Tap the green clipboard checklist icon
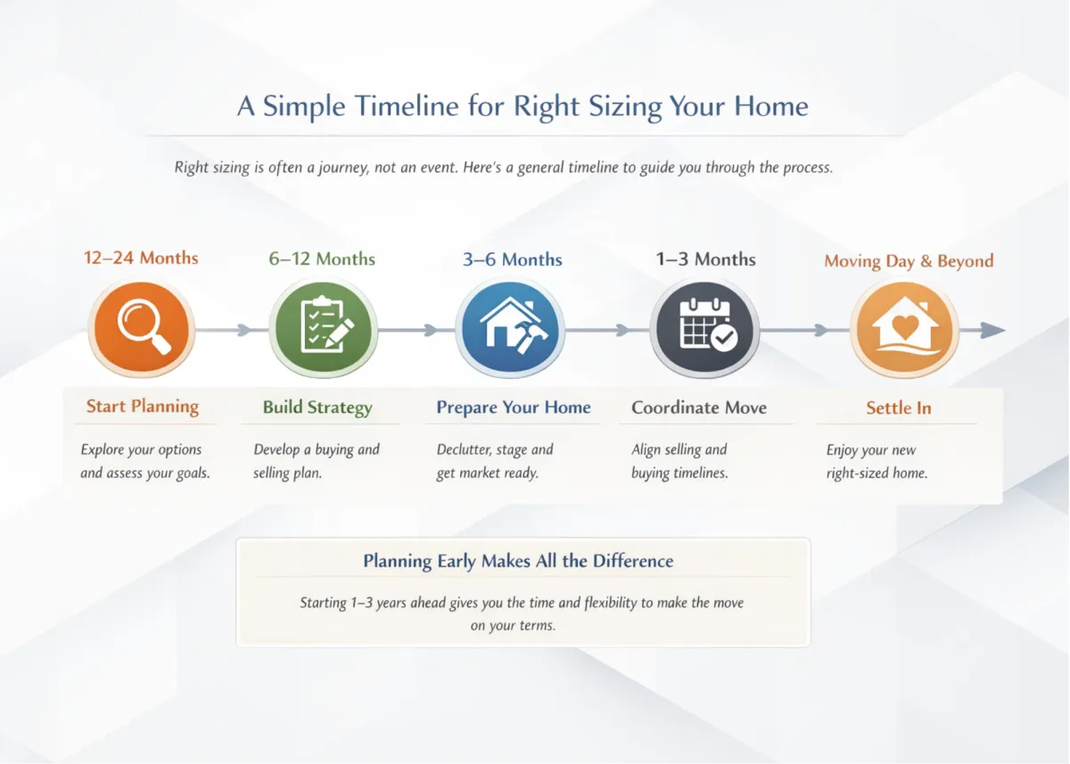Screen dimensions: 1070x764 (x=324, y=327)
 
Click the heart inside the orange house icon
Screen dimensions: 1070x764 (x=905, y=326)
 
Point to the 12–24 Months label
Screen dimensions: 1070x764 (x=141, y=258)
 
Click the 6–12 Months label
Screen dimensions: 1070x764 (x=322, y=259)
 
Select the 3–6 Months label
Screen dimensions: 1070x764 (x=512, y=259)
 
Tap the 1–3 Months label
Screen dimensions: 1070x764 (x=705, y=259)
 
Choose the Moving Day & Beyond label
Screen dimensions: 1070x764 (x=909, y=260)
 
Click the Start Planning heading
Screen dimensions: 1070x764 (x=143, y=407)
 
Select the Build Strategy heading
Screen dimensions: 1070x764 (x=317, y=407)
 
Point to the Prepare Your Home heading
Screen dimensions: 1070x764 (x=514, y=407)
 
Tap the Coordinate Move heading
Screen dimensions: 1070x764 (x=699, y=407)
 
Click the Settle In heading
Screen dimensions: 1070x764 (x=899, y=407)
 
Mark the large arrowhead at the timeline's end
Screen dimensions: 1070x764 (x=992, y=330)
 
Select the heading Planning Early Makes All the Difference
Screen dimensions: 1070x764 (x=518, y=561)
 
